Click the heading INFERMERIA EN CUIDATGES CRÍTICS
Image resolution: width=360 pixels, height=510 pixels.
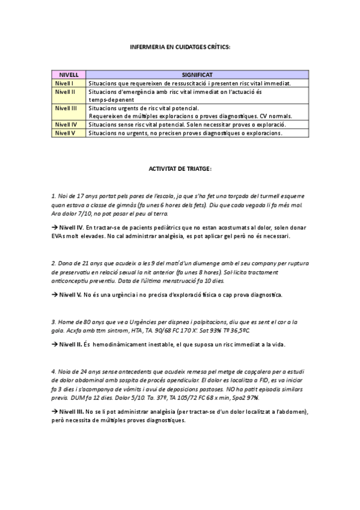[180, 46]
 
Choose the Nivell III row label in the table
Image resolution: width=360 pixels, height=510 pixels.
[66, 108]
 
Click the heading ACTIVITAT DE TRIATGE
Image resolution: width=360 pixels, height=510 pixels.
[180, 169]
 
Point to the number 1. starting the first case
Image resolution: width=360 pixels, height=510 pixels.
[54, 196]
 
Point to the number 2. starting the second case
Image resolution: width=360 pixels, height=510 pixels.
[54, 263]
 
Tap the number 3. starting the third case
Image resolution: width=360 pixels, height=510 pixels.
[54, 321]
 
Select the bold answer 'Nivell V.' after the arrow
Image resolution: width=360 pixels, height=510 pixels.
[71, 295]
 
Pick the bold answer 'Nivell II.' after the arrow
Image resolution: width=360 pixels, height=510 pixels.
[71, 345]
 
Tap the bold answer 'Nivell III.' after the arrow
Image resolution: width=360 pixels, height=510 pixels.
[72, 411]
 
